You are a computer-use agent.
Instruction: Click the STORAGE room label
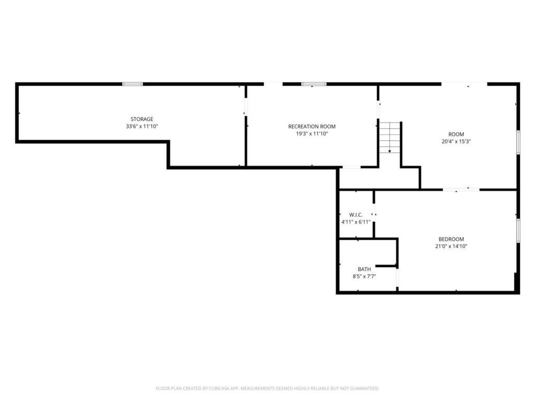pyautogui.click(x=142, y=119)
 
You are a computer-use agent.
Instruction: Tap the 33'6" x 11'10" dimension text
pyautogui.click(x=142, y=127)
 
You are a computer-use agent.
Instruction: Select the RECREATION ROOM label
pyautogui.click(x=312, y=127)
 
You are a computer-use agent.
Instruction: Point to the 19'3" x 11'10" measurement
pyautogui.click(x=312, y=133)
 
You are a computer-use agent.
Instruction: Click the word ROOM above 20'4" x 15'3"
pyautogui.click(x=456, y=134)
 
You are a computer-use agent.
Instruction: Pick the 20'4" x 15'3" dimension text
pyautogui.click(x=456, y=141)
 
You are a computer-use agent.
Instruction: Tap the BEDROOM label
pyautogui.click(x=451, y=239)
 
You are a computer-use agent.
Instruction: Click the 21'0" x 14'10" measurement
pyautogui.click(x=451, y=246)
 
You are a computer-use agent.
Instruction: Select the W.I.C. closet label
pyautogui.click(x=356, y=215)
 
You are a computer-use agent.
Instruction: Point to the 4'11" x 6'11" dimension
pyautogui.click(x=356, y=222)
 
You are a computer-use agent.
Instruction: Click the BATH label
pyautogui.click(x=364, y=269)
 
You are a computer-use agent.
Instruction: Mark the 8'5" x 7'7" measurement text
pyautogui.click(x=364, y=276)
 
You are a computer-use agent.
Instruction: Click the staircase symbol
pyautogui.click(x=390, y=137)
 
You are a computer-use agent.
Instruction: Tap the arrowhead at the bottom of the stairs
pyautogui.click(x=390, y=151)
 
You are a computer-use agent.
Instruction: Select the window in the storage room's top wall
pyautogui.click(x=133, y=84)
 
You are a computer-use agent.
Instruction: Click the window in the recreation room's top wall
pyautogui.click(x=313, y=84)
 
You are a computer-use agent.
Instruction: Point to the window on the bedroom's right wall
pyautogui.click(x=518, y=231)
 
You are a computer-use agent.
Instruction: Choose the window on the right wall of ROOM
pyautogui.click(x=518, y=142)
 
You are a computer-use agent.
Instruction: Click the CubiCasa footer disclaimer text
pyautogui.click(x=267, y=388)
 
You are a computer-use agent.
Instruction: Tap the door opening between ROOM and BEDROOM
pyautogui.click(x=461, y=189)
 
